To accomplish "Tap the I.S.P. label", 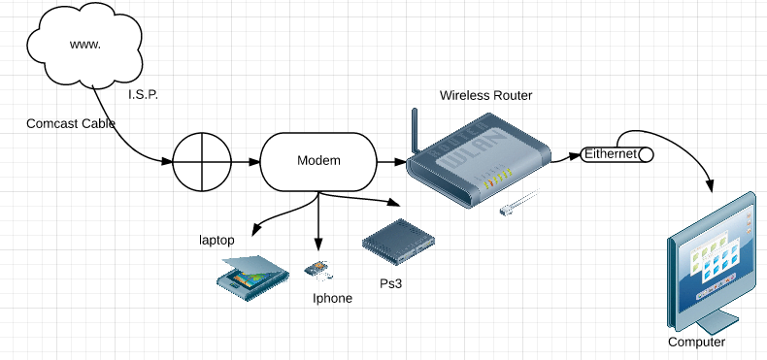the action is click(x=144, y=95).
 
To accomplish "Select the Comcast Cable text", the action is click(x=71, y=123).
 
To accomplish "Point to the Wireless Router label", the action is click(x=485, y=95).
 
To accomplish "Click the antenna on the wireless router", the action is click(x=416, y=131).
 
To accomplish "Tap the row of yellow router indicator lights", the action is click(x=497, y=178).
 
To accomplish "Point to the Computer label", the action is click(x=696, y=342).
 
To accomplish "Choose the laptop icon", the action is click(x=252, y=278).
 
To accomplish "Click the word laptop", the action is click(x=217, y=241).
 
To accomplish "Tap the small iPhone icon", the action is click(x=318, y=270).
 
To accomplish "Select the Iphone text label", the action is click(x=332, y=298).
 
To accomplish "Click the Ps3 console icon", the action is click(x=399, y=242).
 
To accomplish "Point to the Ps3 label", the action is click(x=391, y=283).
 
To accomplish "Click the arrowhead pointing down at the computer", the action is click(x=711, y=186).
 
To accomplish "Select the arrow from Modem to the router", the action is click(x=392, y=161).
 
